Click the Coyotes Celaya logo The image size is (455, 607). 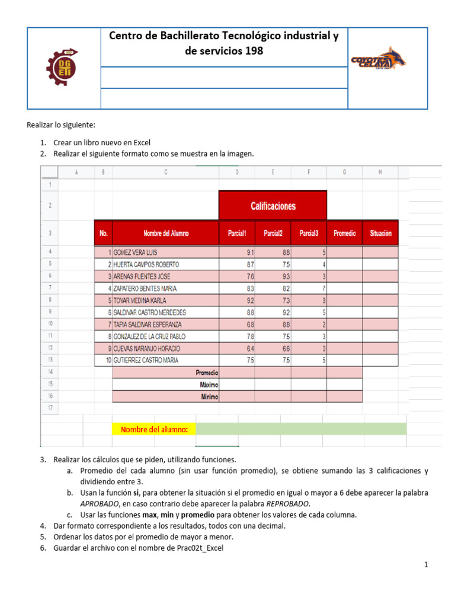coord(379,60)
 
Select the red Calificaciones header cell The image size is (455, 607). coord(273,206)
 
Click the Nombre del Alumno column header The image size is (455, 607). coord(166,234)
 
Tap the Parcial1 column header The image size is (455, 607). coord(236,234)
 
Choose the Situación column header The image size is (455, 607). coord(380,234)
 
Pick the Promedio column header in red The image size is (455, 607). coord(344,234)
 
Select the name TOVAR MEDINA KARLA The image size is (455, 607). coord(140,301)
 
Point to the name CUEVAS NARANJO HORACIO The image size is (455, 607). coord(147,349)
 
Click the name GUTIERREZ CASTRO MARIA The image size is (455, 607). coord(146,360)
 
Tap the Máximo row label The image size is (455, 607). coord(206,384)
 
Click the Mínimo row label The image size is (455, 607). coord(207,396)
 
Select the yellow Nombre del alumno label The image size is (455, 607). coord(154,429)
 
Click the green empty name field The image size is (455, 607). coord(301,429)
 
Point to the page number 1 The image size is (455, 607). coord(425,565)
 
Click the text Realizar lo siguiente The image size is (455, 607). coord(60,125)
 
